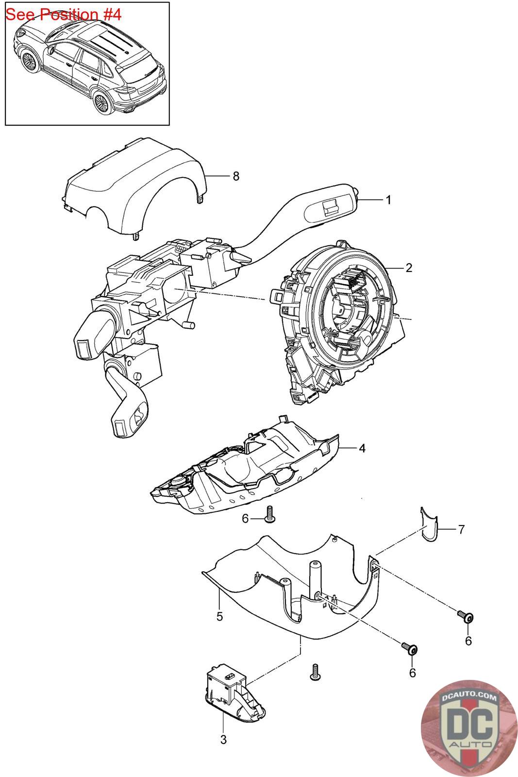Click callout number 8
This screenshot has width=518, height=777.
236,176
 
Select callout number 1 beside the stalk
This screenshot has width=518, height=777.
388,200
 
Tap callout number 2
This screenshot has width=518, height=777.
409,268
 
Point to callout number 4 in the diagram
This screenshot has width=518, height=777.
362,448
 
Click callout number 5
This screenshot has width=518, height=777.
219,616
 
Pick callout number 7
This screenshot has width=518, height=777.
461,529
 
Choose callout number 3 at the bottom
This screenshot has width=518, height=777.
223,740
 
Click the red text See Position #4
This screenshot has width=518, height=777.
63,15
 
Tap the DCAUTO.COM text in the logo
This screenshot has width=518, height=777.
470,698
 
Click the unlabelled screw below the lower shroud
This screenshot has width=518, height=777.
316,673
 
